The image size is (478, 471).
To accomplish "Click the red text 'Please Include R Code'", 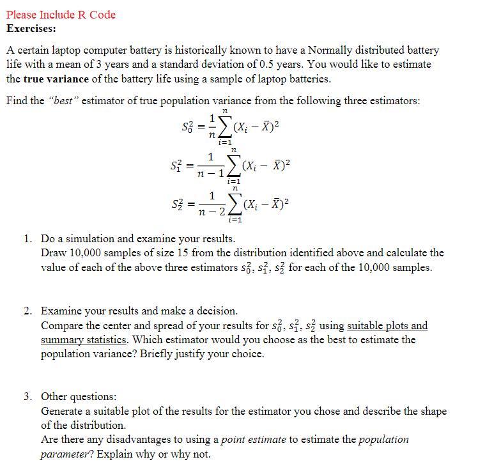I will pyautogui.click(x=61, y=15).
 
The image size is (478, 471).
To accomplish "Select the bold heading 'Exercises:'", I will pyautogui.click(x=31, y=29).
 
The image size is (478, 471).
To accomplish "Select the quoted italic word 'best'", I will pyautogui.click(x=63, y=101).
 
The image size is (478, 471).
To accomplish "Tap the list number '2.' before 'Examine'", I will pyautogui.click(x=29, y=311).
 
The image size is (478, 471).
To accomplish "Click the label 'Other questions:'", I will pyautogui.click(x=79, y=397).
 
